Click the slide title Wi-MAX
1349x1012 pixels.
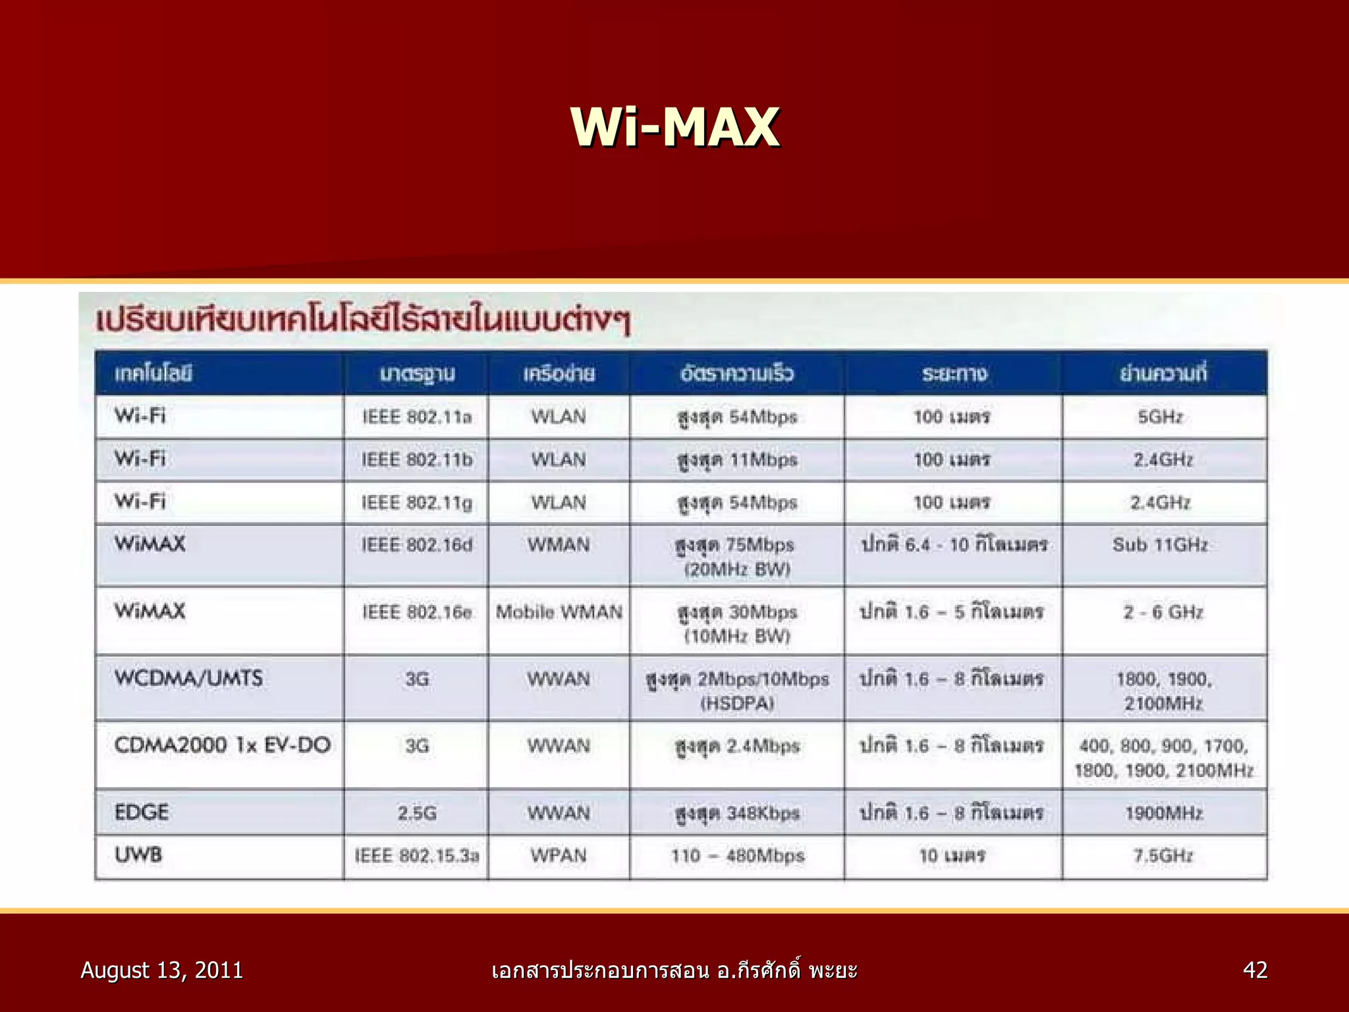coord(675,126)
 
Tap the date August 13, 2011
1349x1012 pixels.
coord(161,970)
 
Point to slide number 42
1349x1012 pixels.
coord(1255,970)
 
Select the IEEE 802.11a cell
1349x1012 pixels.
coord(417,417)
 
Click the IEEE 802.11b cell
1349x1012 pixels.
coord(417,460)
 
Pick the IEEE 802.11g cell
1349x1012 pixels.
coord(417,503)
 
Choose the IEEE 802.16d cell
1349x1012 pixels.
coord(417,546)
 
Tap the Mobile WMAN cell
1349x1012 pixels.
coord(559,612)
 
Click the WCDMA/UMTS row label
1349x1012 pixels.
coord(188,678)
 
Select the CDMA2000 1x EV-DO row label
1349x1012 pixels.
coord(222,745)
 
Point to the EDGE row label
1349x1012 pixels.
coord(142,812)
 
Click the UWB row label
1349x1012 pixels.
coord(138,855)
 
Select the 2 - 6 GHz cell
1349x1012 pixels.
coord(1163,612)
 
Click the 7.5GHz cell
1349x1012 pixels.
coord(1163,856)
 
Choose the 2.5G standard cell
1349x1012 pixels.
coord(417,813)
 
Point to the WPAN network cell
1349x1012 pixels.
coord(559,856)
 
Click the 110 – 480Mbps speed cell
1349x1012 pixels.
coord(738,856)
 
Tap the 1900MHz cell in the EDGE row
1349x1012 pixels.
coord(1163,813)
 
